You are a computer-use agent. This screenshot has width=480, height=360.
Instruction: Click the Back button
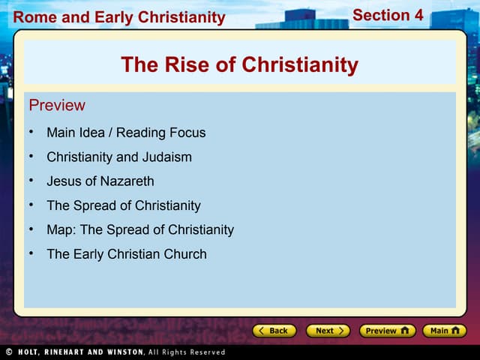(274, 330)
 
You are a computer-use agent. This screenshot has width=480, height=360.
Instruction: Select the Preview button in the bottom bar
(387, 330)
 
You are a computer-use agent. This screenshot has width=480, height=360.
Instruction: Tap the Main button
(444, 330)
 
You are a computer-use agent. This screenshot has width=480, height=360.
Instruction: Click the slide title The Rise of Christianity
(239, 64)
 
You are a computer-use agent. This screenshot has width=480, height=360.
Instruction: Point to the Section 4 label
(388, 15)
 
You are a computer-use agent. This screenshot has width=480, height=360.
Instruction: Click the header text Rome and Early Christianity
(119, 17)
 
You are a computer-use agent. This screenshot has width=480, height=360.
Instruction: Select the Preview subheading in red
(57, 105)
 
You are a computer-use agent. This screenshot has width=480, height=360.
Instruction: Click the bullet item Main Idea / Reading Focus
(126, 133)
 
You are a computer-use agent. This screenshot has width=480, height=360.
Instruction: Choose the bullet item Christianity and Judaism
(119, 157)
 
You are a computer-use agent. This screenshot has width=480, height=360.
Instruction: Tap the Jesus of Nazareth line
(100, 181)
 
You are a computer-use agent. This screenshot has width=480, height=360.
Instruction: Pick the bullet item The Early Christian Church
(127, 253)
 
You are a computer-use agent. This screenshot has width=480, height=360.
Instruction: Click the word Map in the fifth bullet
(60, 229)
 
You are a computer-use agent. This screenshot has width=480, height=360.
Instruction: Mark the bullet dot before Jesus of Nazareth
(31, 180)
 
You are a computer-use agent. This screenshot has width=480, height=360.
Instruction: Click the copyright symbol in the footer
(9, 352)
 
